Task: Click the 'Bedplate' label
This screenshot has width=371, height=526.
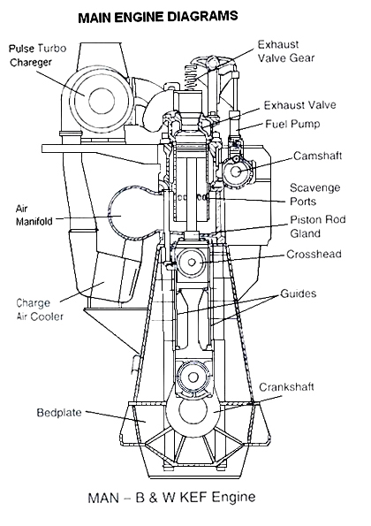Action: (60, 412)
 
